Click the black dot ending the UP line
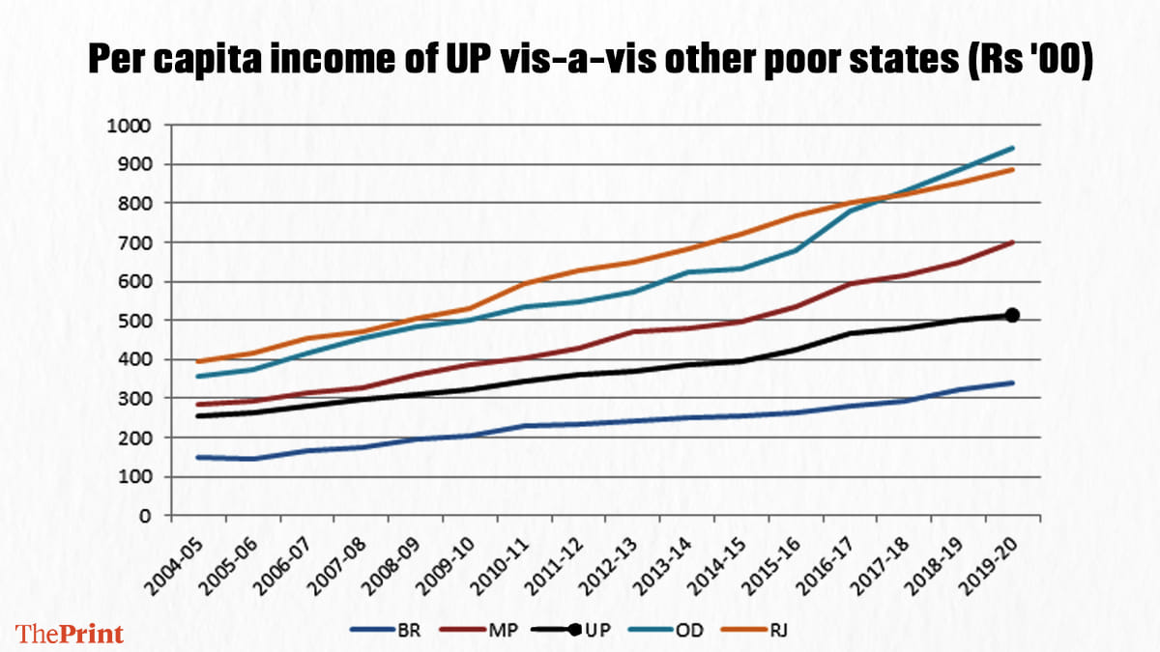pyautogui.click(x=1012, y=315)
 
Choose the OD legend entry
pyautogui.click(x=688, y=631)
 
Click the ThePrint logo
pyautogui.click(x=71, y=634)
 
